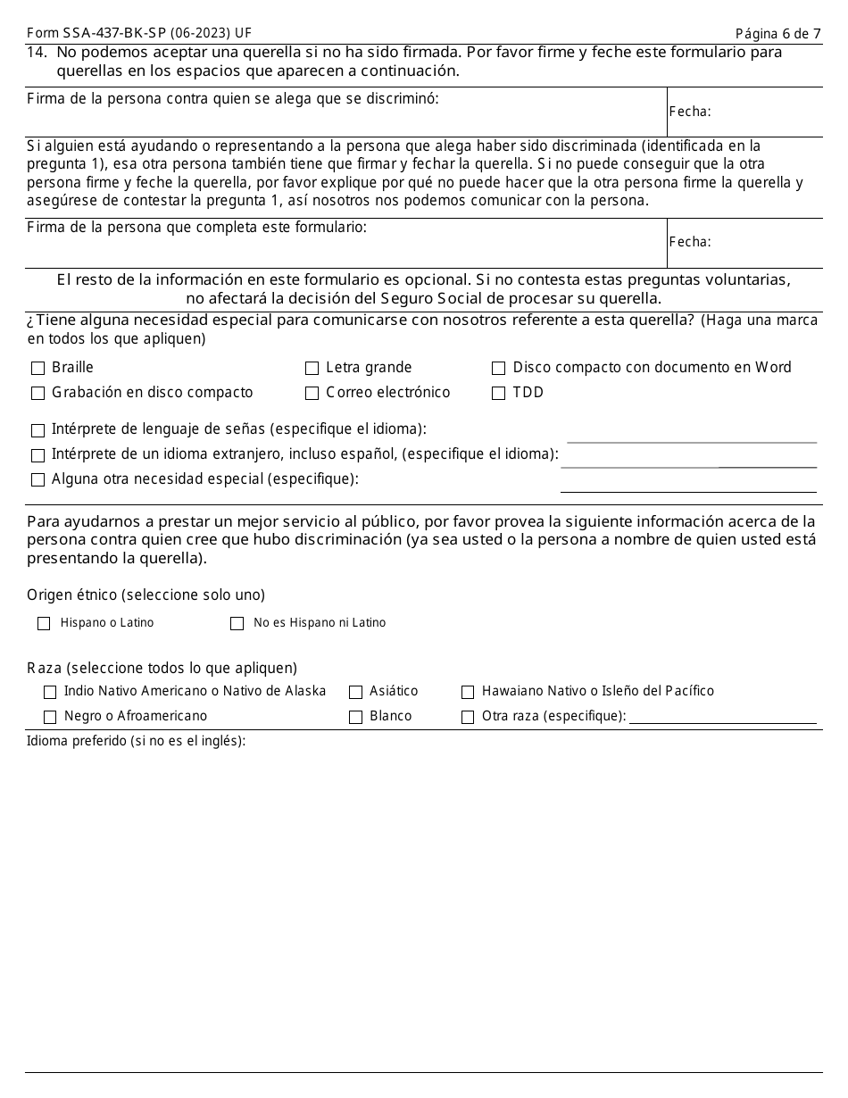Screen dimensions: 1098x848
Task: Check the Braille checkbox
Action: (37, 368)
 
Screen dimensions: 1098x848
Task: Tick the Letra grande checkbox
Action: (312, 368)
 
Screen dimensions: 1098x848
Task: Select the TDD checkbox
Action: (498, 393)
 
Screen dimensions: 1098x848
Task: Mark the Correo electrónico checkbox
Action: (312, 393)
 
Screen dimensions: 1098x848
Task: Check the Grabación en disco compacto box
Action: (37, 393)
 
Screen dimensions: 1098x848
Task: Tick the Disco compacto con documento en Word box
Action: (498, 368)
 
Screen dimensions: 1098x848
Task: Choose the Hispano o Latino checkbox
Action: (44, 624)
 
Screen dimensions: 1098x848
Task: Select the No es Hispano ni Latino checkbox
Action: (237, 624)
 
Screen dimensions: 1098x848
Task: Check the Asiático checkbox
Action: (355, 692)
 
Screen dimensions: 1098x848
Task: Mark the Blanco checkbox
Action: (355, 717)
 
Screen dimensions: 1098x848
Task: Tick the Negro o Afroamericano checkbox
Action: (50, 717)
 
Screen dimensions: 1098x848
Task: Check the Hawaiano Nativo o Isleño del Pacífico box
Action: (468, 692)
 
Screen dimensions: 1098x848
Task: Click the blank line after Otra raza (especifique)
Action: (722, 717)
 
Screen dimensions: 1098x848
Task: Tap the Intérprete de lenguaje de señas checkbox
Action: (37, 429)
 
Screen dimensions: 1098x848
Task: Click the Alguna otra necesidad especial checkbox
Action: (37, 480)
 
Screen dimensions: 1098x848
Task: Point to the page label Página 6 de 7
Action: (777, 34)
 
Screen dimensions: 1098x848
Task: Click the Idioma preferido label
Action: (136, 741)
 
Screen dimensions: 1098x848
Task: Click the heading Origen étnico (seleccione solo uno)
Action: (145, 595)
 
